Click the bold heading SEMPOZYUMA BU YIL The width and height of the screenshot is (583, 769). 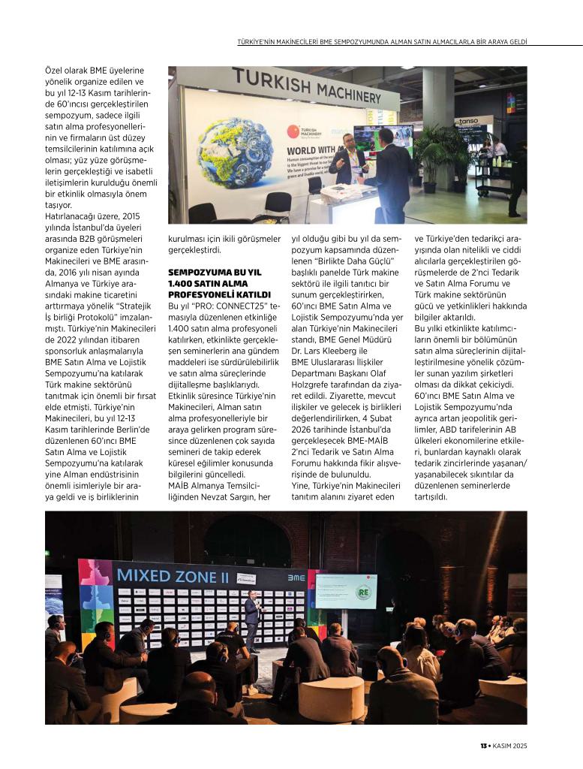click(215, 274)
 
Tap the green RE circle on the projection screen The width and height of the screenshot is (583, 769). click(364, 591)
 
